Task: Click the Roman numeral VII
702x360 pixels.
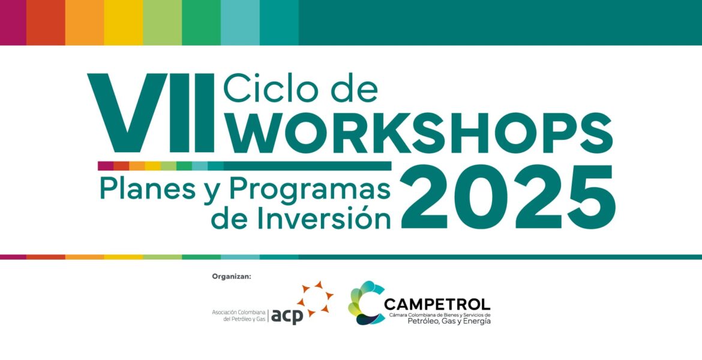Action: pos(151,112)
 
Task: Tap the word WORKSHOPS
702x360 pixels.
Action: pos(418,132)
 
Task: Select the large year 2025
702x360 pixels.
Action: pos(508,197)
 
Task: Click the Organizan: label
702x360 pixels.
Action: pos(232,277)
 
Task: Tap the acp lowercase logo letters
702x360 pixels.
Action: pos(287,316)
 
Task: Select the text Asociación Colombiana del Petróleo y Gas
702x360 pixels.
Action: pos(239,315)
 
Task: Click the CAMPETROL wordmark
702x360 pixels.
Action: pos(437,305)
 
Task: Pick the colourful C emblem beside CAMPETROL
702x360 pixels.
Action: pos(365,302)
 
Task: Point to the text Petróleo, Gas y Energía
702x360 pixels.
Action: pos(449,321)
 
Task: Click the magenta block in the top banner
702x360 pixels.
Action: pos(13,22)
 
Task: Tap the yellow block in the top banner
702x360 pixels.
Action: pos(124,22)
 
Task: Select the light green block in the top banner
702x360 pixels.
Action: pos(163,22)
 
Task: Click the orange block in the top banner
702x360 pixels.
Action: pos(85,22)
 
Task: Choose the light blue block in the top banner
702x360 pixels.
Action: pos(240,22)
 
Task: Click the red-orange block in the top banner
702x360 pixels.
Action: pos(46,22)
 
